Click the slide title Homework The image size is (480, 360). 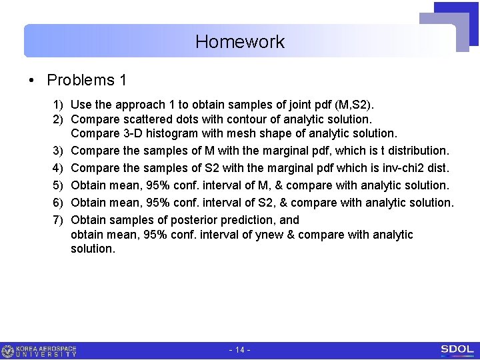tap(240, 42)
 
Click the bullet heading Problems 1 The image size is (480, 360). tap(86, 81)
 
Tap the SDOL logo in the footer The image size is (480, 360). tap(457, 350)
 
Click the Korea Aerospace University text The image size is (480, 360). tap(46, 351)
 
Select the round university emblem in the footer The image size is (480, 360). tap(8, 351)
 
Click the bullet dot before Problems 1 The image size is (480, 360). tap(32, 81)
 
